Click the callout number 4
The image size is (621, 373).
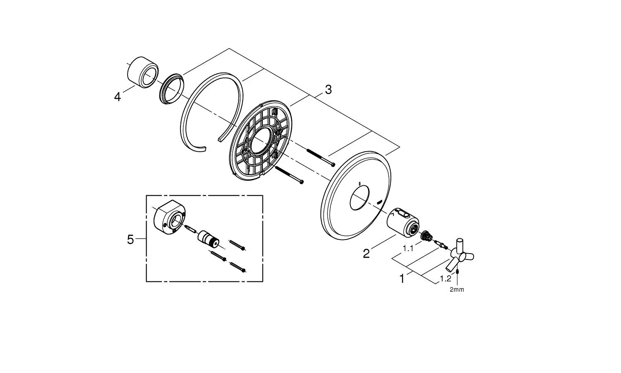pos(118,97)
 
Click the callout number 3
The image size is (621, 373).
pos(328,90)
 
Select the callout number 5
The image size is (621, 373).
pos(130,240)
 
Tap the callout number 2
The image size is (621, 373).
pos(366,254)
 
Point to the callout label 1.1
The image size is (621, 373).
pos(408,248)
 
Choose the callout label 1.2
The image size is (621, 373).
pos(446,279)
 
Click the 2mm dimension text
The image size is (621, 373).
pos(457,290)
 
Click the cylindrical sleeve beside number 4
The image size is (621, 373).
pos(143,72)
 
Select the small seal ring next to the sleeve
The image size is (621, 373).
pos(172,89)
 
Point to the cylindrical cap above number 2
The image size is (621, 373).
pos(403,222)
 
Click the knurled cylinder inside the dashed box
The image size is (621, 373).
pos(209,238)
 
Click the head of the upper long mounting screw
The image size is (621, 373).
pos(333,165)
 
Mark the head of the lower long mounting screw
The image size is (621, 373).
pos(302,182)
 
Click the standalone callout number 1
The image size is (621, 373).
pos(402,279)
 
